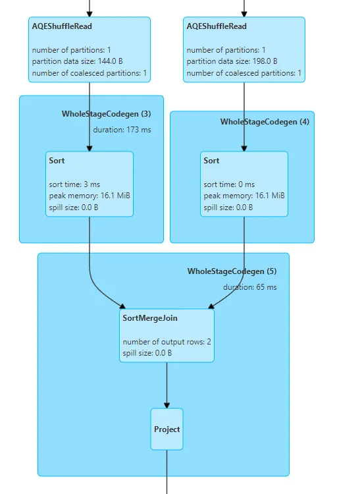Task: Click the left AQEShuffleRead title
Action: tap(62, 26)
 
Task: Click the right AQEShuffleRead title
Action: tap(217, 26)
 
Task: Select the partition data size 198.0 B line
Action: tap(232, 61)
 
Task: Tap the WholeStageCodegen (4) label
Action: tap(265, 122)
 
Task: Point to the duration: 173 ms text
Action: tap(122, 130)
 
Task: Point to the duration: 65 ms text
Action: tap(249, 287)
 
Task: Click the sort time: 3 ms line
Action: tap(74, 184)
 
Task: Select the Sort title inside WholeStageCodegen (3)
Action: tap(57, 161)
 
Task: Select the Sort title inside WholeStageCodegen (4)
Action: tap(211, 161)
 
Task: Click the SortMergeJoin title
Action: tap(150, 318)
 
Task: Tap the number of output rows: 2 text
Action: tap(167, 342)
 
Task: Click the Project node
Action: tap(167, 429)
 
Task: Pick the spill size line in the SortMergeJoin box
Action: tap(147, 353)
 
